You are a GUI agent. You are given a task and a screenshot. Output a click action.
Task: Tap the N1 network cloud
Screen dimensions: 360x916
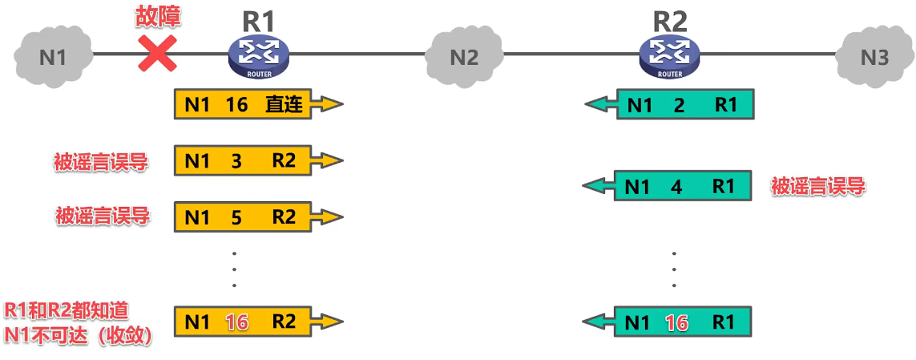click(x=52, y=57)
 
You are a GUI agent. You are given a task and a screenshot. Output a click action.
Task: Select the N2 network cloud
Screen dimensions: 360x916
click(x=463, y=57)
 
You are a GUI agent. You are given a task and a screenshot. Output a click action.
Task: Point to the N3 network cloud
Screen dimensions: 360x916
click(x=874, y=57)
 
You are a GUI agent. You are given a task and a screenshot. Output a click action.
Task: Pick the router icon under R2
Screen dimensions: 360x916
click(x=670, y=57)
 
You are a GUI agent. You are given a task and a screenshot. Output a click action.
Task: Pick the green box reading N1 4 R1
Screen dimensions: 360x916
click(x=682, y=187)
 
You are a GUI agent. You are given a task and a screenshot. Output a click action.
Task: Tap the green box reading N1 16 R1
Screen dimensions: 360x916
click(x=684, y=323)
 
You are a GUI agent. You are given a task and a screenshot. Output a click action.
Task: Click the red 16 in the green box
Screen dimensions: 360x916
click(x=677, y=323)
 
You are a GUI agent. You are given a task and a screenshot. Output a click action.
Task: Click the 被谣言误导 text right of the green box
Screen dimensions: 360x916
click(x=818, y=187)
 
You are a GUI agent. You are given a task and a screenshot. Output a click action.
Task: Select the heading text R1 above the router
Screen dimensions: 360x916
click(x=259, y=19)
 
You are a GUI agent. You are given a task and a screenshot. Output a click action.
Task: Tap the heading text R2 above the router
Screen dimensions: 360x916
click(x=671, y=19)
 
